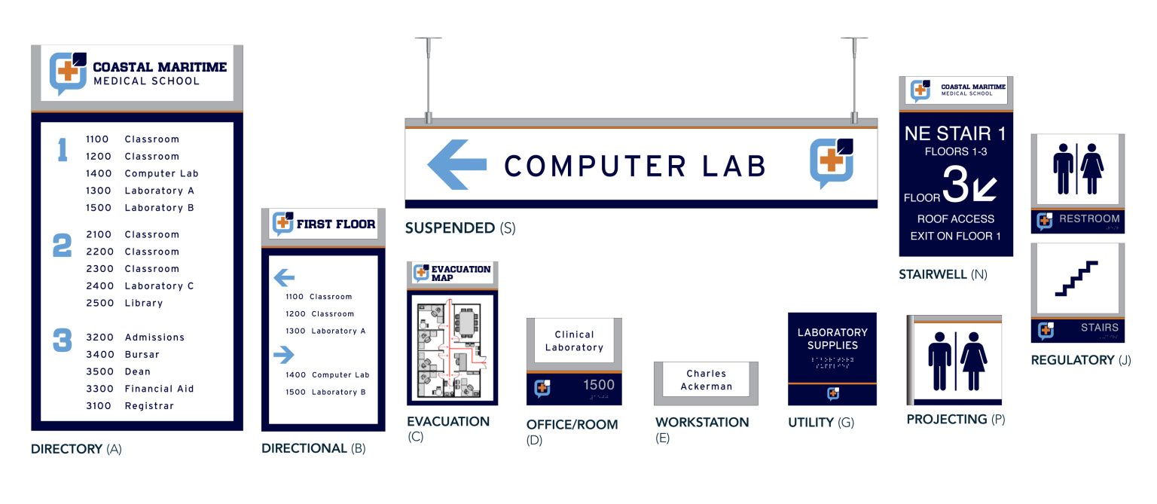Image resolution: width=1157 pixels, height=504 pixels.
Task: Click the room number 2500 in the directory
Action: (x=98, y=303)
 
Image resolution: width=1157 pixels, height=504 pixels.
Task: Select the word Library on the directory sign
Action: (x=143, y=303)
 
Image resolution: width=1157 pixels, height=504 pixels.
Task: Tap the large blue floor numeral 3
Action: (x=62, y=340)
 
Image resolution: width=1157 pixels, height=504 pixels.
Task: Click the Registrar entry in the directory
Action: (x=148, y=406)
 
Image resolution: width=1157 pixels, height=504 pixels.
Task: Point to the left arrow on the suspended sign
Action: (x=456, y=164)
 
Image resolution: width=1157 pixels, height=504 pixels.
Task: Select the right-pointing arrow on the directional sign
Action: (x=283, y=354)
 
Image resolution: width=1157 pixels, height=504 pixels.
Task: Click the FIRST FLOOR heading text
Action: (x=335, y=224)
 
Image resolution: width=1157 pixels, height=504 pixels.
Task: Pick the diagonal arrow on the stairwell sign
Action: (x=985, y=190)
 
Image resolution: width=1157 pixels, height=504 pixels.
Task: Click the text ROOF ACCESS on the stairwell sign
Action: (x=955, y=219)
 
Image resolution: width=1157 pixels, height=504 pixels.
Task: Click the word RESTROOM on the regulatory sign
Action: (x=1088, y=219)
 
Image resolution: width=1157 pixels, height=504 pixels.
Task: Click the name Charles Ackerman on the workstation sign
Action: (x=706, y=380)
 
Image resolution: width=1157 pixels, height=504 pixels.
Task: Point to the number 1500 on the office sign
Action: (x=599, y=385)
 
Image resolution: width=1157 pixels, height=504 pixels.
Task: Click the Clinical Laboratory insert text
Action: (x=574, y=341)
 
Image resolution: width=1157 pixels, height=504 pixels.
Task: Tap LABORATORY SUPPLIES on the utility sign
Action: (x=832, y=338)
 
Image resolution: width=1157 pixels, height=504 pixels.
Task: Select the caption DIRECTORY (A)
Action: (x=75, y=449)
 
